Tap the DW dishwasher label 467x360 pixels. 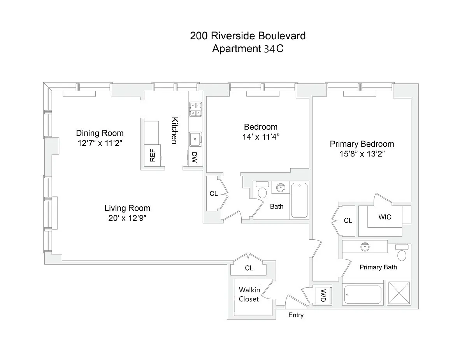[194, 157]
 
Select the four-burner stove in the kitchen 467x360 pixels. [195, 109]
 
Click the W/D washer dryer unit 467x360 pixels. [323, 296]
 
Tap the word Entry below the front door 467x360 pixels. [296, 315]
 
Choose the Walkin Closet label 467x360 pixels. [249, 294]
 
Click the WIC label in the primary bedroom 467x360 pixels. [384, 217]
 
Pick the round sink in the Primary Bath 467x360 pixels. [365, 247]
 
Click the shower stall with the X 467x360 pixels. [399, 293]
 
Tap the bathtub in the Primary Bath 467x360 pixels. [363, 295]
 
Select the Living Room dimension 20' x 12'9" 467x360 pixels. [127, 218]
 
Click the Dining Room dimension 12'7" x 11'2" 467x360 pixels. [100, 143]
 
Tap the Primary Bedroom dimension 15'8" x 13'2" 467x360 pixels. [362, 154]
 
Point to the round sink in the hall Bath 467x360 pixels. [281, 188]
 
